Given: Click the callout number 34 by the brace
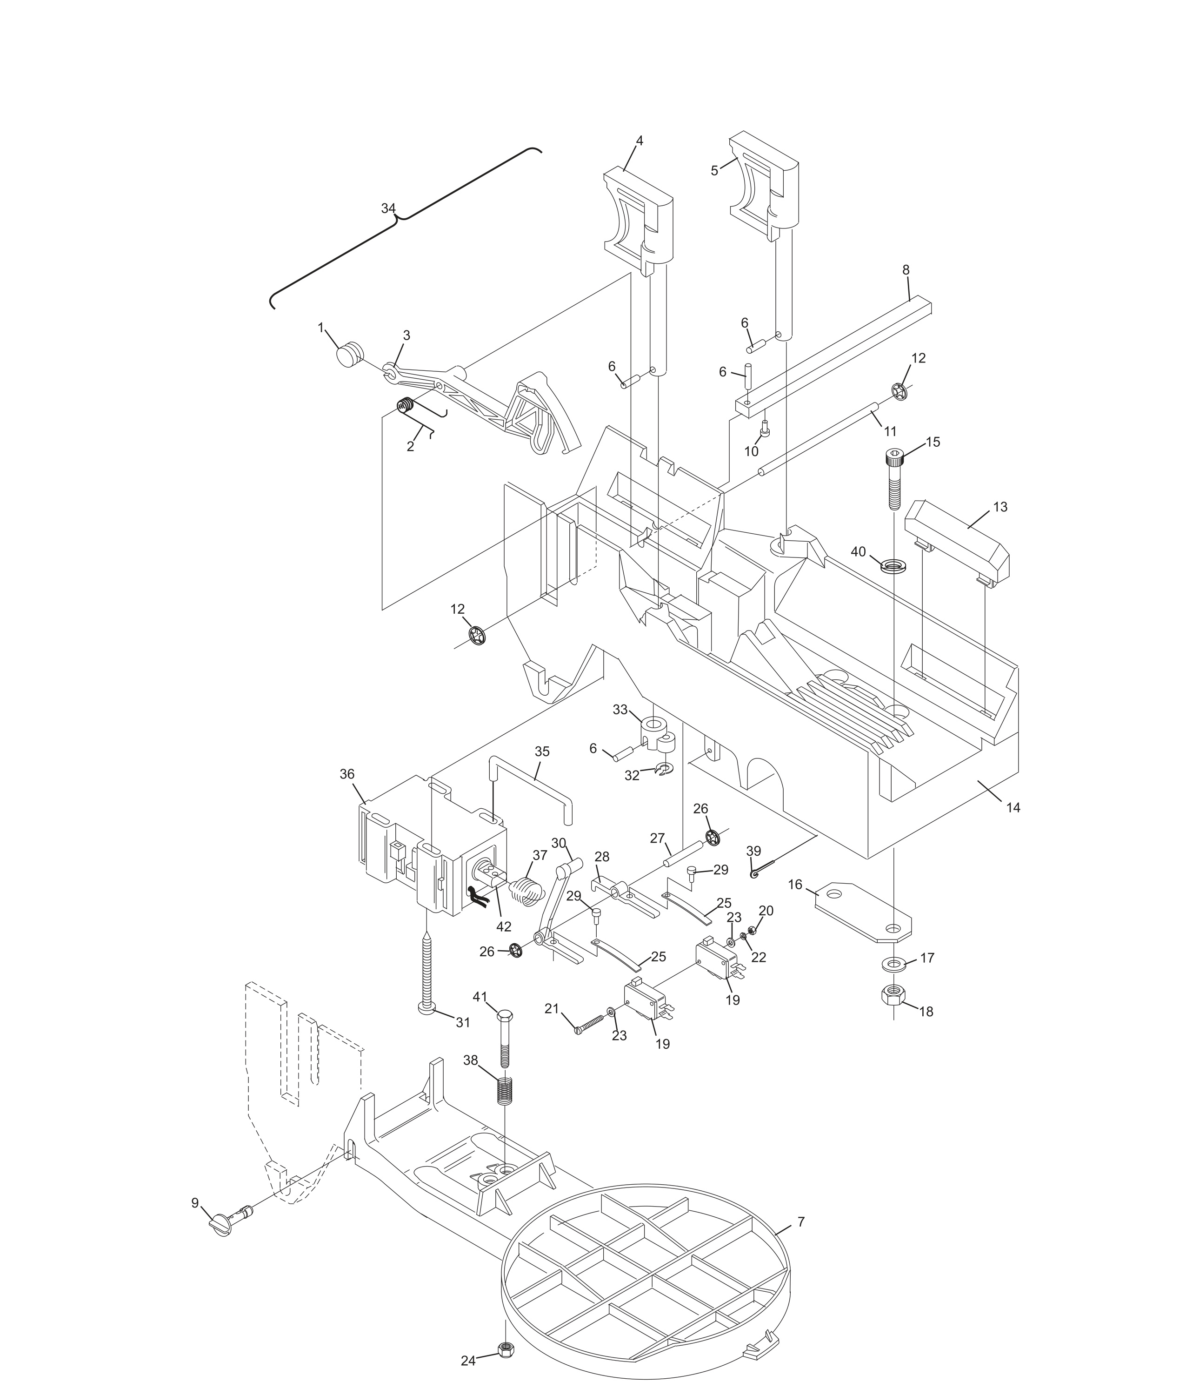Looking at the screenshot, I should pyautogui.click(x=388, y=209).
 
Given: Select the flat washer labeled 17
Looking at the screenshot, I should pyautogui.click(x=893, y=963).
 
